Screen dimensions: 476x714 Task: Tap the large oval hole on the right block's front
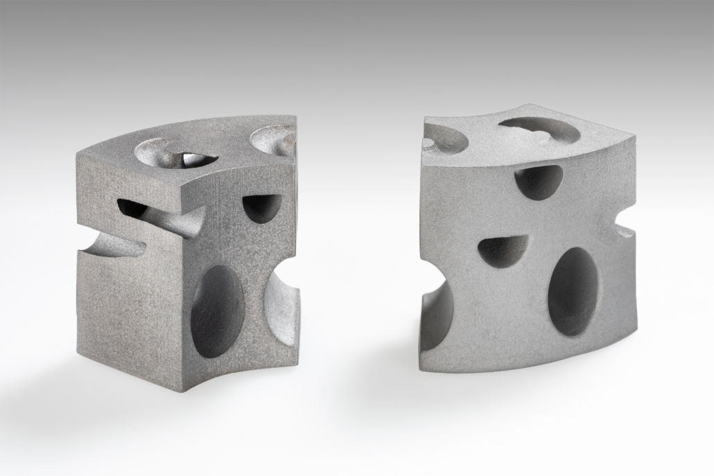click(x=574, y=290)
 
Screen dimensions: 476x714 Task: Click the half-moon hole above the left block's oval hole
click(x=261, y=207)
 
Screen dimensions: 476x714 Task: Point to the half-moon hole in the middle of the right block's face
click(x=503, y=251)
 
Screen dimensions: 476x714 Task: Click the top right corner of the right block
click(x=635, y=139)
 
